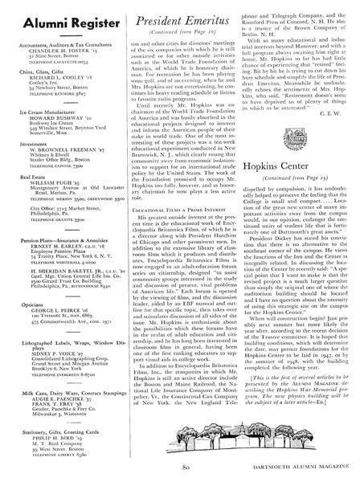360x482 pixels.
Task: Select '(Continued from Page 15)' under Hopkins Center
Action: pyautogui.click(x=302, y=205)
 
